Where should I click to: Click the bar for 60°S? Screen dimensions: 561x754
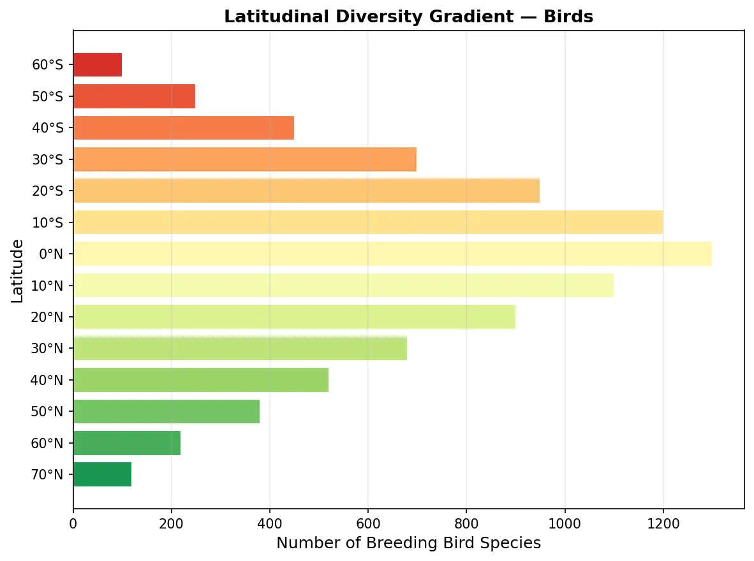tap(98, 65)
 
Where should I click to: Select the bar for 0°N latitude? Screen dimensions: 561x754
tap(392, 254)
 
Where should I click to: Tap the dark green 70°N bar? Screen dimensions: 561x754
tap(102, 474)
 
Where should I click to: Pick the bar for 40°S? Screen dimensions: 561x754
tap(184, 127)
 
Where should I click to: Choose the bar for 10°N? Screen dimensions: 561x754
tap(343, 285)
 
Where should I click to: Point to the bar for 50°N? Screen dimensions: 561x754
tap(166, 411)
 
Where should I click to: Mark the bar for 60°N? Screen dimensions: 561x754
tap(127, 443)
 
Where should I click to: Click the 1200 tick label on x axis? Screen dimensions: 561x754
tap(663, 523)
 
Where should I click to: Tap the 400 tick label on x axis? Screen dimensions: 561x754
tap(270, 523)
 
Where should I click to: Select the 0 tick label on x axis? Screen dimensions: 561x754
tap(73, 523)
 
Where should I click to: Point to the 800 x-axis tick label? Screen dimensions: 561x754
tap(466, 523)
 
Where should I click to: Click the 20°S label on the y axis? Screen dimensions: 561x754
tap(48, 191)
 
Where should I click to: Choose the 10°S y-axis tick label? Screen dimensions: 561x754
tap(48, 222)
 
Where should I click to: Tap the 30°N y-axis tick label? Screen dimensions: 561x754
tap(48, 348)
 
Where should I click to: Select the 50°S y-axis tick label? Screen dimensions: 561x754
tap(48, 97)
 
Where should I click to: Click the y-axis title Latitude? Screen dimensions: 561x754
tap(17, 270)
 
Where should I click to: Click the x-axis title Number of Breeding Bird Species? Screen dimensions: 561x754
tap(408, 543)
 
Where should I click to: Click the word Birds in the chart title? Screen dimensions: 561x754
tap(569, 17)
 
